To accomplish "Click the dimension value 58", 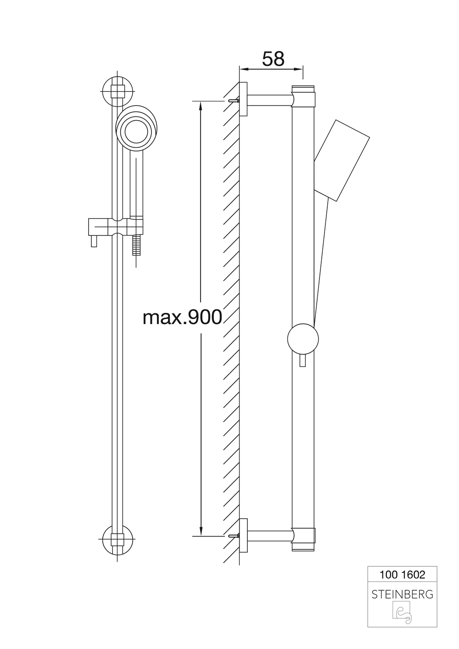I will pos(273,59).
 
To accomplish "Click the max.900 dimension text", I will pos(182,317).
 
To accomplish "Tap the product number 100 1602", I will pos(402,575).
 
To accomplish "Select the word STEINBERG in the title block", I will pos(402,594).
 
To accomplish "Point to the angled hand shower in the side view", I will pos(342,161).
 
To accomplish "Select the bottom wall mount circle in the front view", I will pos(118,539).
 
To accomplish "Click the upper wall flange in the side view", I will pos(243,100).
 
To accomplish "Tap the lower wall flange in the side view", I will pos(243,535).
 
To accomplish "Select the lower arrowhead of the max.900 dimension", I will pos(201,530).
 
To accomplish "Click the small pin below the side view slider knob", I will pos(302,361).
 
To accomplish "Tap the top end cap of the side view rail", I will pos(303,89).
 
